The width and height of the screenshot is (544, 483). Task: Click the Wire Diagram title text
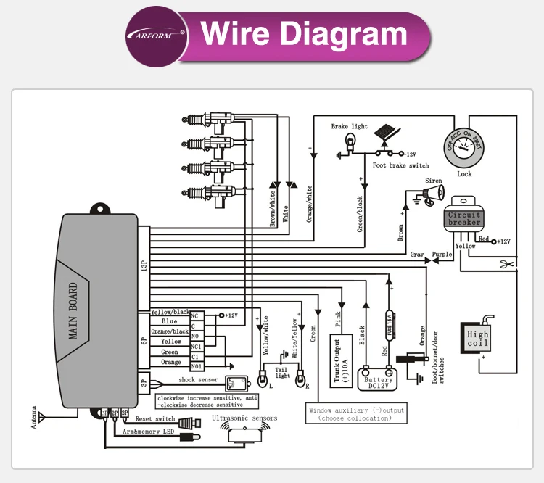[304, 34]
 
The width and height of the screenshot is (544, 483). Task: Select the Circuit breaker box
[464, 218]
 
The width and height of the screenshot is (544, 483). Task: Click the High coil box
[478, 339]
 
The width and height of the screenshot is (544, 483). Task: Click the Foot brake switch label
[400, 165]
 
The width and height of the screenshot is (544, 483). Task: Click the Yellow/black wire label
[169, 312]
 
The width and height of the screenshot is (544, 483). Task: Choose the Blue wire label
[169, 321]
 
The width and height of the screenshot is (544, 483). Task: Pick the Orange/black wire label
[169, 331]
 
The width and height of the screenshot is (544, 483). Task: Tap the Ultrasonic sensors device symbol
[244, 433]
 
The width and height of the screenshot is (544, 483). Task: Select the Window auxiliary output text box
[356, 414]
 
